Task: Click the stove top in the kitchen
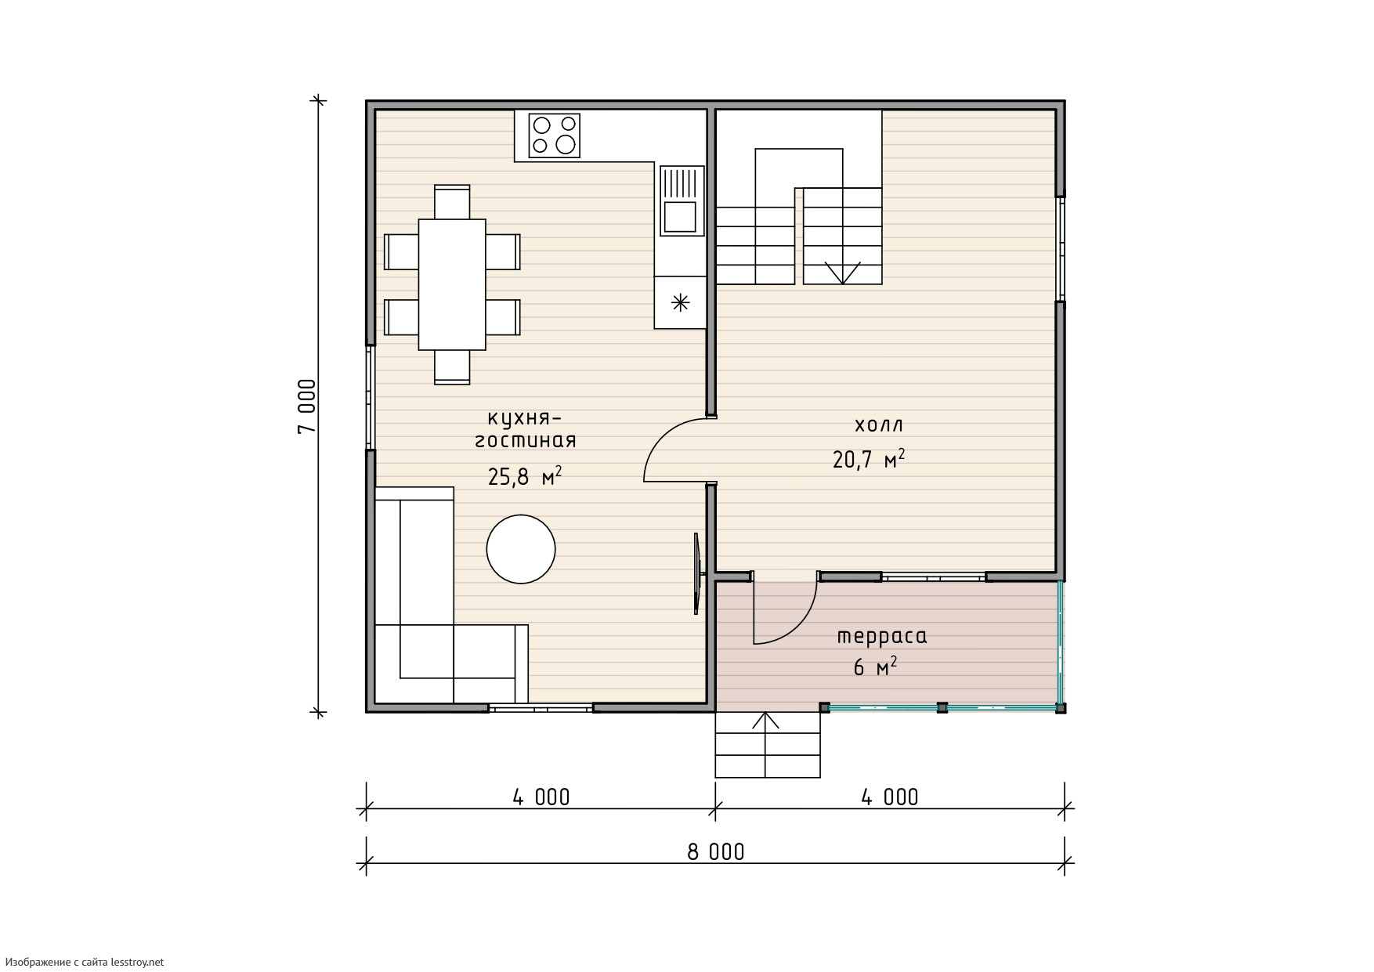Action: (555, 134)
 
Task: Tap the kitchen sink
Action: (682, 201)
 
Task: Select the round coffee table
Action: (521, 548)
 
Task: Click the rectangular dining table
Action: (452, 284)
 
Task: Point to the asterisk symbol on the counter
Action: (681, 302)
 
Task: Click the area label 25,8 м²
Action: (525, 476)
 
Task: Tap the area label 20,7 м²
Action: (869, 458)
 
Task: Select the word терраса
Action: (882, 637)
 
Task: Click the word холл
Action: (878, 425)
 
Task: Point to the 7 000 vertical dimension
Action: (307, 407)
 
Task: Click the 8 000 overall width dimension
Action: (716, 851)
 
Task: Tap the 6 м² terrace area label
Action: (875, 667)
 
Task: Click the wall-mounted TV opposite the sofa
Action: (697, 573)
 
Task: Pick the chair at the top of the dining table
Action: (452, 202)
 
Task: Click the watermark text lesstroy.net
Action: (137, 962)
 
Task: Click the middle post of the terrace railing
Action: (942, 707)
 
